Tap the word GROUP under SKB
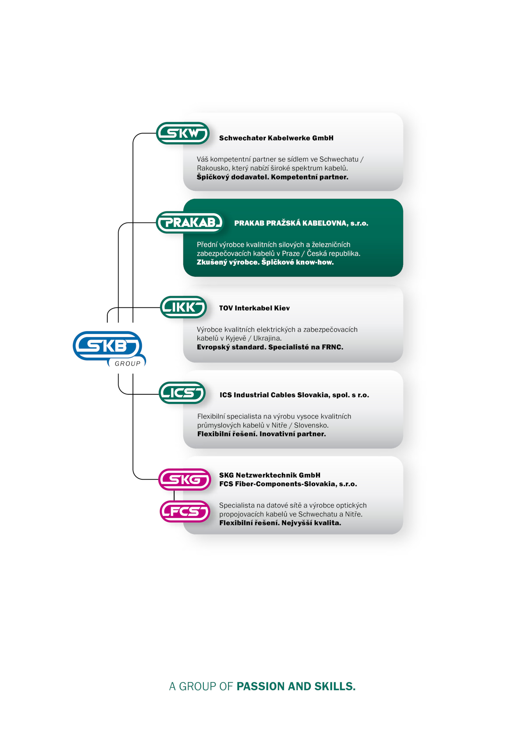(x=127, y=363)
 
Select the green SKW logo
(x=183, y=133)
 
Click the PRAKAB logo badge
(x=190, y=222)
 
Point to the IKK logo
(x=183, y=307)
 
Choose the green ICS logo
(x=182, y=392)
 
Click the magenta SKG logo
(x=184, y=479)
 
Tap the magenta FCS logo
(x=185, y=511)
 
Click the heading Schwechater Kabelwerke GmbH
(x=276, y=138)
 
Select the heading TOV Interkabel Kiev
(x=254, y=308)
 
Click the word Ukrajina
(x=267, y=338)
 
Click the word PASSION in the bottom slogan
(x=261, y=686)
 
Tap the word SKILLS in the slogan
(x=335, y=686)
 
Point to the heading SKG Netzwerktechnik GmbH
(x=270, y=475)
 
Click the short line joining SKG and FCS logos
(x=174, y=495)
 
